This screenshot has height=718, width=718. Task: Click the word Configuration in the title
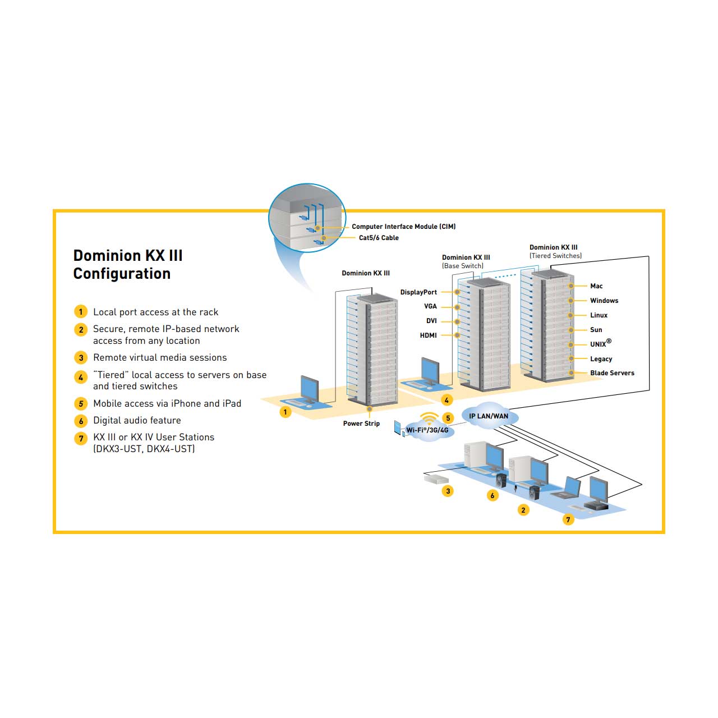point(122,274)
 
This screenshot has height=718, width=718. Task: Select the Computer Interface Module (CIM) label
point(403,227)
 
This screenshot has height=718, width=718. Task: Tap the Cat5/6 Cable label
point(379,238)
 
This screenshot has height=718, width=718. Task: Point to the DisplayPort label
point(418,292)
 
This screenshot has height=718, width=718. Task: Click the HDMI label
point(428,335)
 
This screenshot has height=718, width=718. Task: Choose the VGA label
point(430,306)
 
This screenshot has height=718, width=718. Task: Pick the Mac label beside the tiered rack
point(596,286)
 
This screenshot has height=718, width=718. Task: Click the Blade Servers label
point(612,373)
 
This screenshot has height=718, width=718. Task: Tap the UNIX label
point(601,343)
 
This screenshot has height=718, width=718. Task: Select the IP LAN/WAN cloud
point(489,416)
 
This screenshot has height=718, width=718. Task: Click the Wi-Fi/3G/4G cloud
point(428,430)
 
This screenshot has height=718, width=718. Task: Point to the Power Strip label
point(361,424)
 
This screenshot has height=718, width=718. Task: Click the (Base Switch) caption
point(463,266)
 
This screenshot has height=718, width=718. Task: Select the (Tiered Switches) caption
point(555,256)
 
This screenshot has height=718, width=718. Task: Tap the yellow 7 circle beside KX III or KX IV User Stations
point(81,438)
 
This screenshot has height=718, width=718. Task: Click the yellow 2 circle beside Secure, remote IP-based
point(81,330)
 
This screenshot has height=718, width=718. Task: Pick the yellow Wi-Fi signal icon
point(430,418)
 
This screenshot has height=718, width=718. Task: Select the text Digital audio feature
point(137,421)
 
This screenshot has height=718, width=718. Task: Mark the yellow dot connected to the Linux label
point(570,316)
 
